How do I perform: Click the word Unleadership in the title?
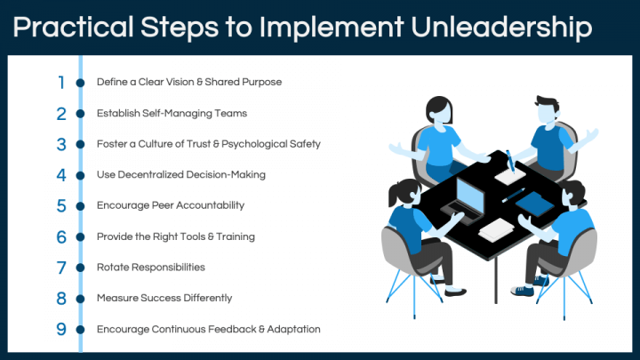(x=501, y=28)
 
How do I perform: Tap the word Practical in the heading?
(x=74, y=28)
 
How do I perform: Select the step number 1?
(x=61, y=83)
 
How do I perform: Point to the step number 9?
(x=61, y=329)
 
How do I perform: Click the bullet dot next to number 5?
(x=80, y=206)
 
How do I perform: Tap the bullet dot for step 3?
(x=80, y=145)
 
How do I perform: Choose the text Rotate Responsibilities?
(x=151, y=267)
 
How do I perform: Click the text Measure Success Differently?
(x=164, y=298)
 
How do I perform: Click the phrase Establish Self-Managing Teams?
(x=172, y=113)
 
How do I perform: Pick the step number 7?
(x=61, y=268)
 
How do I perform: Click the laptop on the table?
(x=465, y=200)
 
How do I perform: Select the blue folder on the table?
(x=535, y=204)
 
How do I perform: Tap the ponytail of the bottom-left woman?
(x=393, y=196)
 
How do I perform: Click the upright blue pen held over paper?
(x=510, y=161)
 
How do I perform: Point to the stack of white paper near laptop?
(x=496, y=230)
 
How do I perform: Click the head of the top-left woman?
(x=439, y=110)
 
